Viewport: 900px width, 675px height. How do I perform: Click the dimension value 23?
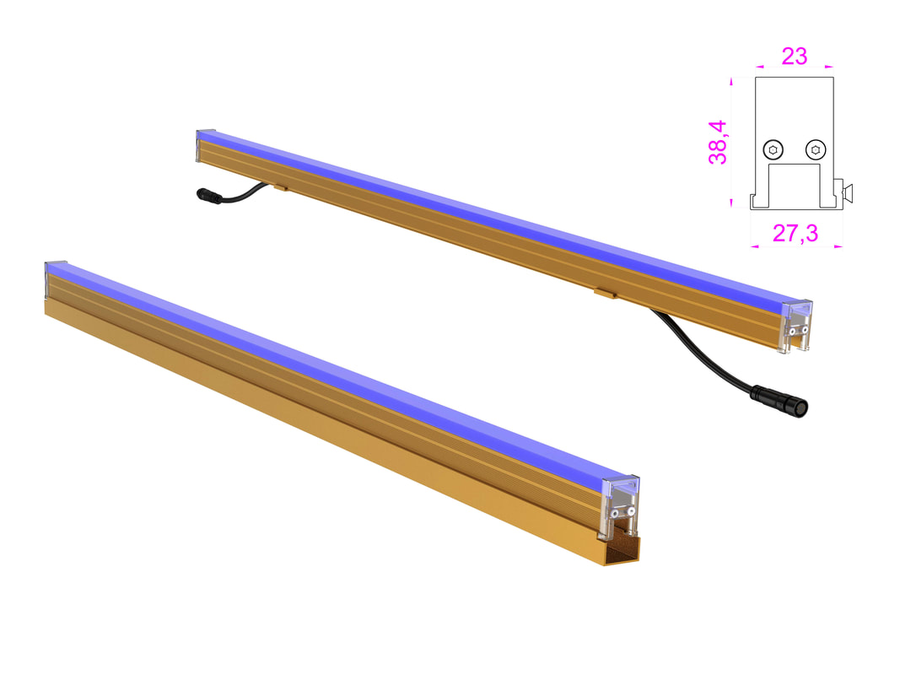coord(794,56)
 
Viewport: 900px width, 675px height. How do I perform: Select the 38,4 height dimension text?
coord(718,141)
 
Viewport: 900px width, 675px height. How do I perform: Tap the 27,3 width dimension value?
coord(795,233)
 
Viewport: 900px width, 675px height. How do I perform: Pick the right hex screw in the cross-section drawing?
coord(815,150)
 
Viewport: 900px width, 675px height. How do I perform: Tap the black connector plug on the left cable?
coord(207,196)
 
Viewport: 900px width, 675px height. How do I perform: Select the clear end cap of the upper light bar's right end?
coord(798,325)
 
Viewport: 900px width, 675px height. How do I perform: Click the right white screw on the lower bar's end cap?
coord(631,510)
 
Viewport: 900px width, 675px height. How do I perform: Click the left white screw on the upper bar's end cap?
coord(793,331)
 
